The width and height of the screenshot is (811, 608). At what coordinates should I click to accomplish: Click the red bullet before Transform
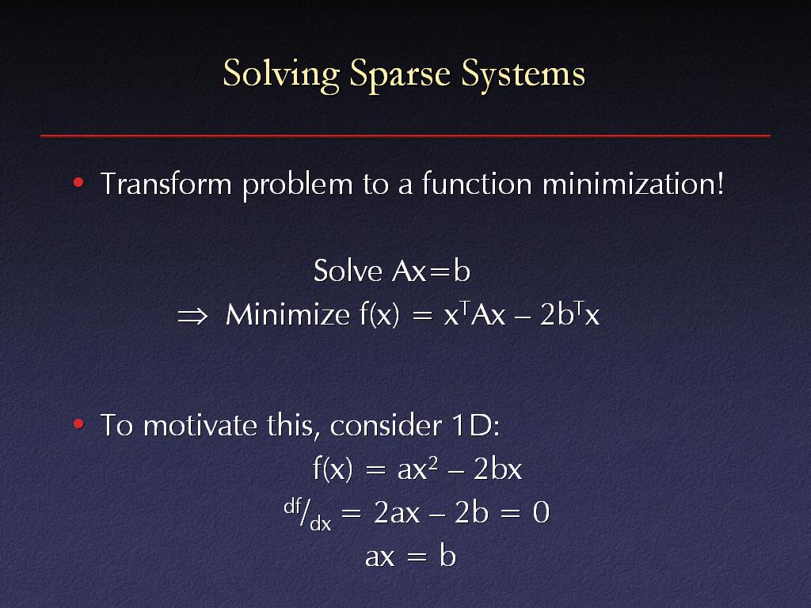click(78, 183)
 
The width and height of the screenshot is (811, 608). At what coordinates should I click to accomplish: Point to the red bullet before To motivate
click(78, 424)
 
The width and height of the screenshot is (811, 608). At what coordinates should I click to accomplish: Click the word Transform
click(166, 184)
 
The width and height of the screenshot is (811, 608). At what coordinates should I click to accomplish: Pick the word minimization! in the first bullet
click(633, 184)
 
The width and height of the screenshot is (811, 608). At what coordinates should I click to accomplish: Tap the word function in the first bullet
click(477, 184)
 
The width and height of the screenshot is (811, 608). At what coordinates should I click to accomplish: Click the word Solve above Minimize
click(348, 271)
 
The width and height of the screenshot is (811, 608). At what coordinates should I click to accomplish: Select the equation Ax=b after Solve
click(432, 271)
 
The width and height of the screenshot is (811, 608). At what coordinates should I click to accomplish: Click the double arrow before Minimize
click(192, 315)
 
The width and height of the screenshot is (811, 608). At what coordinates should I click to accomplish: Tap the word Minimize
click(287, 314)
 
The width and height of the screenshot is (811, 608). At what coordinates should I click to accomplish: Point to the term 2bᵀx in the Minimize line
click(569, 313)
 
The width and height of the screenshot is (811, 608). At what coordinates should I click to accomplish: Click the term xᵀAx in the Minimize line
click(474, 313)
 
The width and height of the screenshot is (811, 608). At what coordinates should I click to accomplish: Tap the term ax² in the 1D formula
click(417, 469)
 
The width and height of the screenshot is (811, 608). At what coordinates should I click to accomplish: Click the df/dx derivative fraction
click(307, 515)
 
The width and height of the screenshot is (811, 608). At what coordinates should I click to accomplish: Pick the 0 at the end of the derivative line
click(541, 513)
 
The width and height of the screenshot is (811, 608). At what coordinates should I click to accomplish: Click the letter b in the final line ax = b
click(448, 557)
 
